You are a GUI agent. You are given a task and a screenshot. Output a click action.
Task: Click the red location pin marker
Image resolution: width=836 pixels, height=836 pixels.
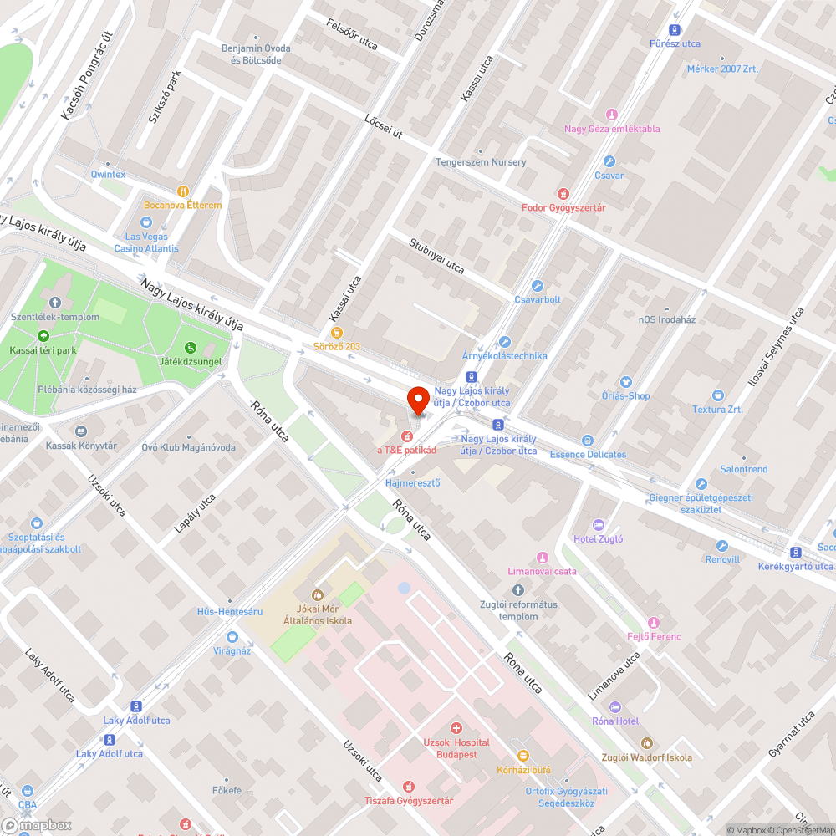[x=417, y=400]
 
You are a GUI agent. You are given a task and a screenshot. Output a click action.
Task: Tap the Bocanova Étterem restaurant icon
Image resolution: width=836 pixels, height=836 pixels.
[x=183, y=191]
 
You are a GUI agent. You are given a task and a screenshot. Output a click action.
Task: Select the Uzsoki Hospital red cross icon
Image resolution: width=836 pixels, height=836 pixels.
[x=456, y=728]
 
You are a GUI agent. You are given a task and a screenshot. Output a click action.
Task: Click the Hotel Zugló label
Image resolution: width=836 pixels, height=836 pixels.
[x=599, y=539]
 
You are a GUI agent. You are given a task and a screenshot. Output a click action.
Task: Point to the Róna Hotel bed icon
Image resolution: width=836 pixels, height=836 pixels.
[x=615, y=707]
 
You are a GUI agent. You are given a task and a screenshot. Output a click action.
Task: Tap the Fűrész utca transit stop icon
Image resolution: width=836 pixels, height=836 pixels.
[x=675, y=29]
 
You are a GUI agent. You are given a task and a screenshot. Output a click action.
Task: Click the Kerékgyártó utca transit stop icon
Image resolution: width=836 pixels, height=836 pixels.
[x=795, y=552]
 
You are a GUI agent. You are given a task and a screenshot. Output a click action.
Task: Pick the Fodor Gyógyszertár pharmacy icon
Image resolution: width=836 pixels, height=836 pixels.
[x=563, y=193]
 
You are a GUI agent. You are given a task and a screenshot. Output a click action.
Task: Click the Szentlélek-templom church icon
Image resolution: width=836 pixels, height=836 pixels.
[x=55, y=303]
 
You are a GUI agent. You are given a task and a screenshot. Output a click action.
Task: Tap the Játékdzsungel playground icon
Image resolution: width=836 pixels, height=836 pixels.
[x=190, y=348]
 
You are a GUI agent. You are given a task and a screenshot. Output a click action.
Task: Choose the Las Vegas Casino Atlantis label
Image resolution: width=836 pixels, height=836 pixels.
[x=146, y=242]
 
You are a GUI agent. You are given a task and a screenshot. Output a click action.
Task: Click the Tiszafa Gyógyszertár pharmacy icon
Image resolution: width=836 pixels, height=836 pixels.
[x=408, y=787]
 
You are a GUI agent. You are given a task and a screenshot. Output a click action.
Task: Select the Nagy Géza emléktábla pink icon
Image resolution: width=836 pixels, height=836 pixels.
[x=612, y=115]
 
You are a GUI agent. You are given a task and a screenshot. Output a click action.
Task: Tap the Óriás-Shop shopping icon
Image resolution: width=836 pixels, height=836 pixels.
[x=626, y=382]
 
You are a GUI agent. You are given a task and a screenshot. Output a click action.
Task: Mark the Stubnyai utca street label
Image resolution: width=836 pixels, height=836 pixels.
[x=436, y=255]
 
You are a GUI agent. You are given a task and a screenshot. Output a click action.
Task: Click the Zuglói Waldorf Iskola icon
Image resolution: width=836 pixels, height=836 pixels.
[x=646, y=742]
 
